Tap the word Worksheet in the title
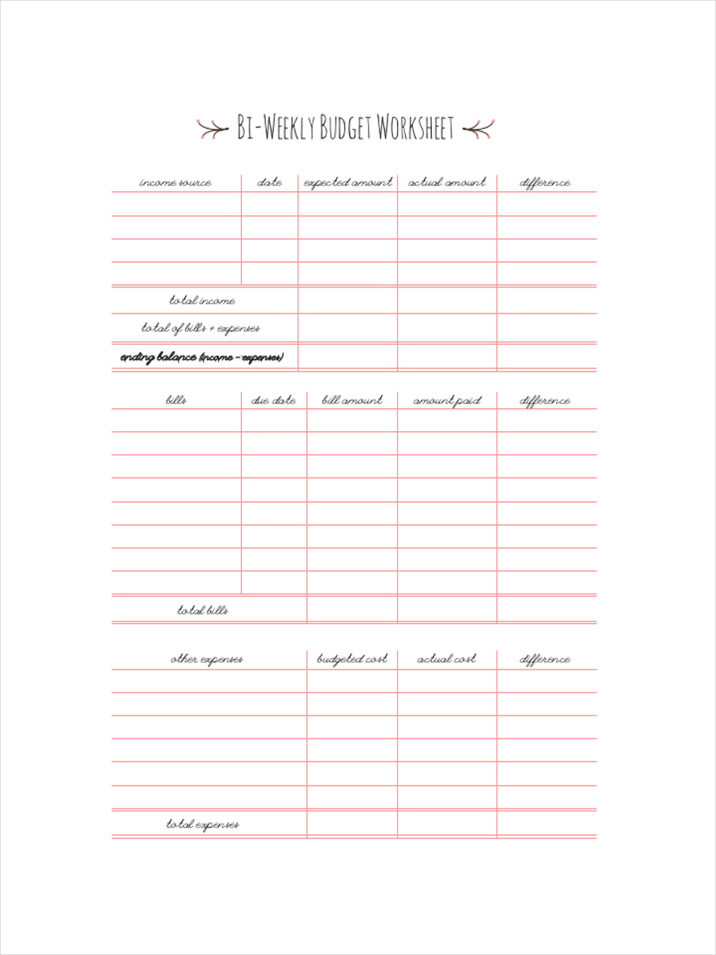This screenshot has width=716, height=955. point(415,127)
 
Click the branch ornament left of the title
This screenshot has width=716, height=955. point(212,128)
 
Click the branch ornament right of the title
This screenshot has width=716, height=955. point(479,128)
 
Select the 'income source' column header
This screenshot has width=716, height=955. point(176,183)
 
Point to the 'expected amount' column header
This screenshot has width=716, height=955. point(348,183)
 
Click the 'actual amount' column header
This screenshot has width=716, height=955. point(447,183)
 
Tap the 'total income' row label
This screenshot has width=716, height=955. point(202,301)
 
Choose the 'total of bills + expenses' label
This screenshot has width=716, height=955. point(200,328)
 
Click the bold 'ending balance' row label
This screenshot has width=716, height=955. point(201,357)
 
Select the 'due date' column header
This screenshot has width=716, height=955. point(274,401)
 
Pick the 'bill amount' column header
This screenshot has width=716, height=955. point(352,401)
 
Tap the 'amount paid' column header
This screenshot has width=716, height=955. point(447,401)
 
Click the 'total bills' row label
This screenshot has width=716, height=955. point(203,610)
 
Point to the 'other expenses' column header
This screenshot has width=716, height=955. point(207,660)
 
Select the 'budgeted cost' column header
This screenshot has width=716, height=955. point(352,660)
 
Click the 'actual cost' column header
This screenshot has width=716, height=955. point(447,660)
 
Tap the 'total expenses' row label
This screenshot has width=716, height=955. point(203,824)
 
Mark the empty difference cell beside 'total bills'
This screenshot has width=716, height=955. point(547,610)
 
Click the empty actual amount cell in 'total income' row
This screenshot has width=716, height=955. point(447,301)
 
